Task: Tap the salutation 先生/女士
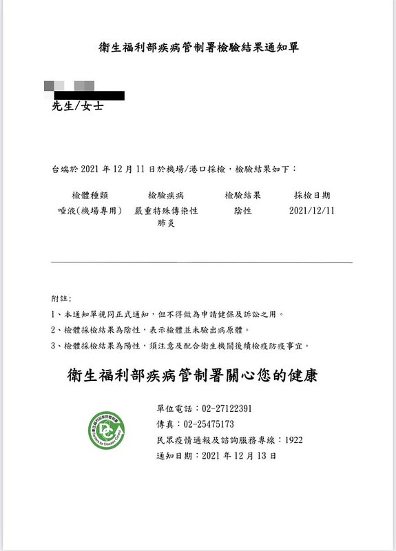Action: click(78, 107)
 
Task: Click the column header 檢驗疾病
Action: click(166, 195)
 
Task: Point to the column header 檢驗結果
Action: click(242, 195)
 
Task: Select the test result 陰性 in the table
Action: click(242, 210)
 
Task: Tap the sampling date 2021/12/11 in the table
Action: click(312, 210)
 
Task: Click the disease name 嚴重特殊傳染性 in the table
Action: click(166, 210)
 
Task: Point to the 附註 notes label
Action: click(61, 298)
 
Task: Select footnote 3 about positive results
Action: click(179, 346)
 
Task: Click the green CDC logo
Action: click(107, 430)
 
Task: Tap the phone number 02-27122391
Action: click(227, 408)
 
